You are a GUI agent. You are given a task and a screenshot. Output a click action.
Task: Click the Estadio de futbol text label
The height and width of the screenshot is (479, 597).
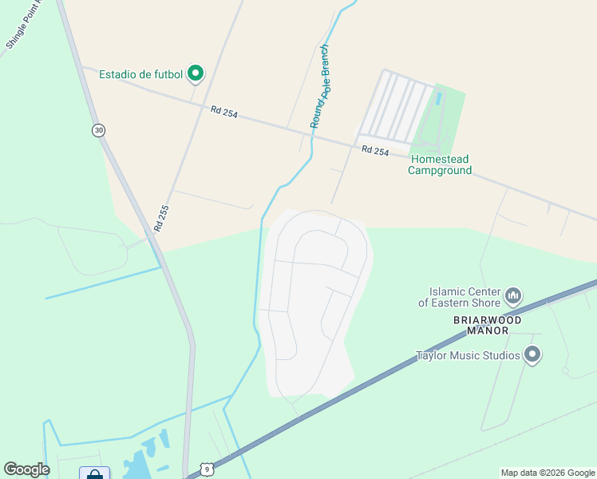tap(140, 75)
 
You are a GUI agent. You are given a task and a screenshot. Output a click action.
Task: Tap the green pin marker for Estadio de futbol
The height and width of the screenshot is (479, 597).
tap(196, 74)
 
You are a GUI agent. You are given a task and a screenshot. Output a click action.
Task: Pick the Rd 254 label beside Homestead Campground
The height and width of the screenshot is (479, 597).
tap(374, 150)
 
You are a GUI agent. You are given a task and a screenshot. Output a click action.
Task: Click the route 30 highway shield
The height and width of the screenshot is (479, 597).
tap(98, 130)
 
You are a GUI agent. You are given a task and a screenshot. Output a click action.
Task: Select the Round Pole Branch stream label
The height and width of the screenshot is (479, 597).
tap(321, 96)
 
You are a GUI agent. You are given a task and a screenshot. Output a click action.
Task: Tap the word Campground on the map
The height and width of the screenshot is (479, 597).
tap(440, 170)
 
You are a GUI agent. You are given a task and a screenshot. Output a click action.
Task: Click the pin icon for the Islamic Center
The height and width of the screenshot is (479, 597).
tap(513, 297)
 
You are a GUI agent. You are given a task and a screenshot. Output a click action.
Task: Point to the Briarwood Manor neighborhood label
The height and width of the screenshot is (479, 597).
tap(488, 326)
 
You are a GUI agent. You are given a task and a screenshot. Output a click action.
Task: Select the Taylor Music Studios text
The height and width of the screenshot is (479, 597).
tap(468, 356)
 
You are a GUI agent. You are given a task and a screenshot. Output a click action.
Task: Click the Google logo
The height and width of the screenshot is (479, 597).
tap(26, 469)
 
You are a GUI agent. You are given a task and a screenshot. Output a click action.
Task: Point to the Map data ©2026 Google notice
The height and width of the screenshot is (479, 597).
tap(548, 473)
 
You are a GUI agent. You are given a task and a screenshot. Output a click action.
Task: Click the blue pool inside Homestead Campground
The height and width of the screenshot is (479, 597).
tap(438, 99)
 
